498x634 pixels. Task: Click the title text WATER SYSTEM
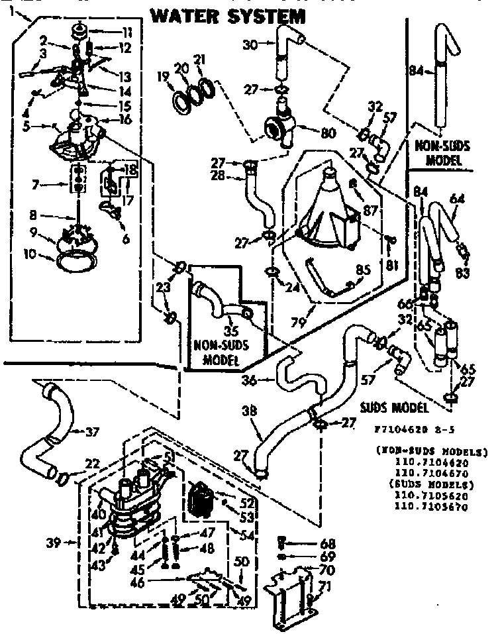tap(219, 15)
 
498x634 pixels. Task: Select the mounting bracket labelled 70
tap(291, 596)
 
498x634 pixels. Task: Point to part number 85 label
tap(363, 270)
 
